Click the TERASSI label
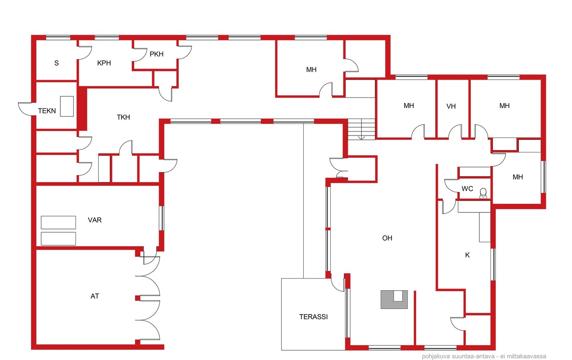313,317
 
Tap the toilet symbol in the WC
483,193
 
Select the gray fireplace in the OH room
394,300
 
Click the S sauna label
56,63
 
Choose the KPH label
104,63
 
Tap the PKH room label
157,54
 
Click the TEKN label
47,111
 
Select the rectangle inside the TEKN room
67,106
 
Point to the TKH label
123,117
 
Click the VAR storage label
95,220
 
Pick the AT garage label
95,296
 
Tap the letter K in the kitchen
467,255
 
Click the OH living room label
387,238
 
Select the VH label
451,106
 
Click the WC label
467,189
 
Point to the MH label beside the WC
518,177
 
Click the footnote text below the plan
484,356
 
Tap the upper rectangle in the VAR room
59,222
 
